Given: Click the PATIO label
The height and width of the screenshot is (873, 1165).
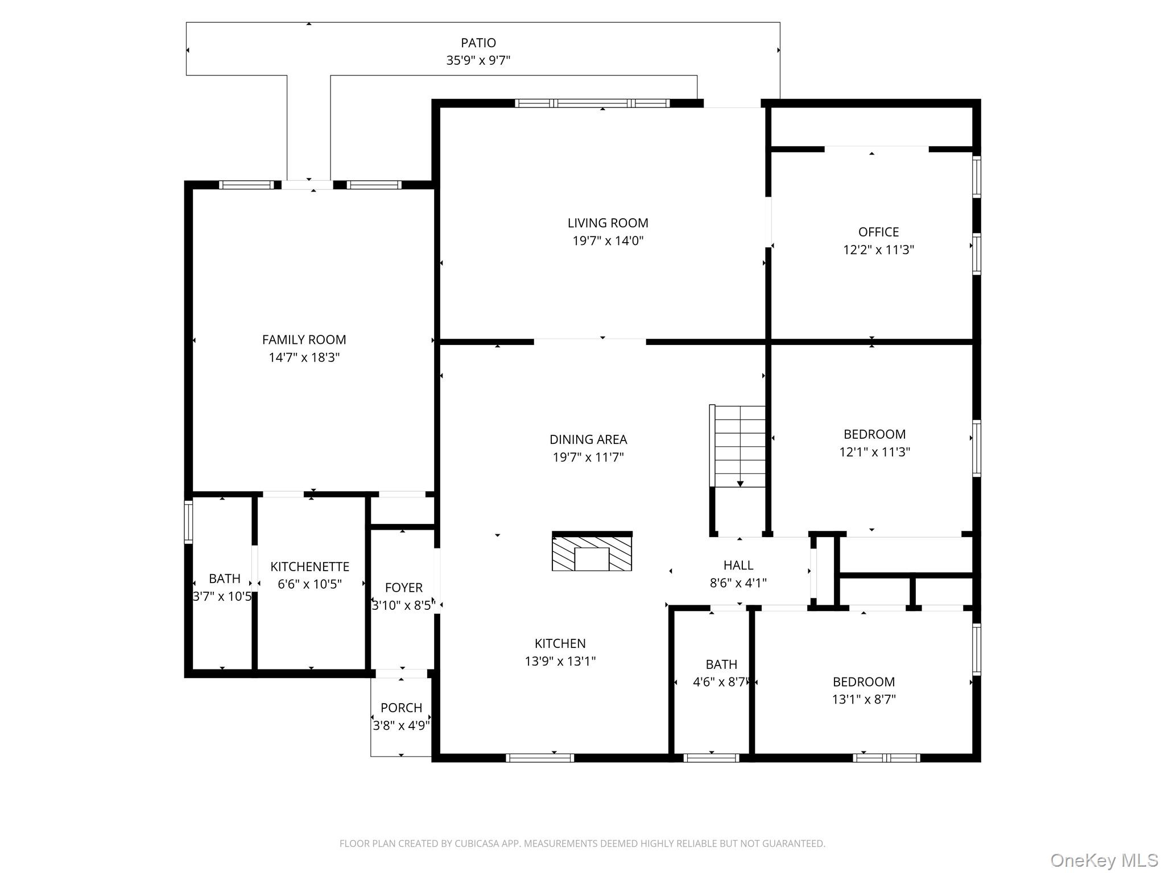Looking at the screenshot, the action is [478, 43].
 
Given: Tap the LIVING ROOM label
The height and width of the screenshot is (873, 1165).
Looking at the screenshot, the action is [608, 223].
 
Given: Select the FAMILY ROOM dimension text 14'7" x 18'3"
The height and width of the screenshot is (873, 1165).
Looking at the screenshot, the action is [304, 357].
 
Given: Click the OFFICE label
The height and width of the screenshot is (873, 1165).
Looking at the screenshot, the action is [878, 232].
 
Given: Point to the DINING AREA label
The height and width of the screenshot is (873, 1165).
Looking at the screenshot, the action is [588, 439].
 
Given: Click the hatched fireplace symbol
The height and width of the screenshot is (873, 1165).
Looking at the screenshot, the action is [592, 551].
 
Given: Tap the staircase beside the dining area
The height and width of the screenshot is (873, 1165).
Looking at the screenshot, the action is [738, 446].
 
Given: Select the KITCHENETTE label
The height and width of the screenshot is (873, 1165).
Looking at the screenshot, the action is [309, 567].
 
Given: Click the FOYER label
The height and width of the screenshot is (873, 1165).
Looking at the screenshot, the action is [403, 588].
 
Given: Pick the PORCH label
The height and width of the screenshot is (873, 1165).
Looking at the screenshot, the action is [401, 708].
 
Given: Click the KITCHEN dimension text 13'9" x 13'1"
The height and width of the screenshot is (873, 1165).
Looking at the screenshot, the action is [560, 661].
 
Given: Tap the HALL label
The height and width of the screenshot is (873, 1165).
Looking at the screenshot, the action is [738, 565].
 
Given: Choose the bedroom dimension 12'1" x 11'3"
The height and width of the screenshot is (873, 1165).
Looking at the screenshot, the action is [874, 452].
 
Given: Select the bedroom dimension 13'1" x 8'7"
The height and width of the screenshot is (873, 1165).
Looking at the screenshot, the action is [864, 699].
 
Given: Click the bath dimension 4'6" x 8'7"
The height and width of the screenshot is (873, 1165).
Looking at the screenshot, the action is [721, 681].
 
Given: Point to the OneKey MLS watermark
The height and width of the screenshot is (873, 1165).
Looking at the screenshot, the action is [1104, 860].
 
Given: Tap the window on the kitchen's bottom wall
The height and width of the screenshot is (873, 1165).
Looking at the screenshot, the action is [540, 758].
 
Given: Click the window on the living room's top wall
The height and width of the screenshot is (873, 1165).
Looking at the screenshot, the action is [592, 103].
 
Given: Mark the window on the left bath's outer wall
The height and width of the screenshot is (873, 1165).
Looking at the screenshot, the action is [188, 522].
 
